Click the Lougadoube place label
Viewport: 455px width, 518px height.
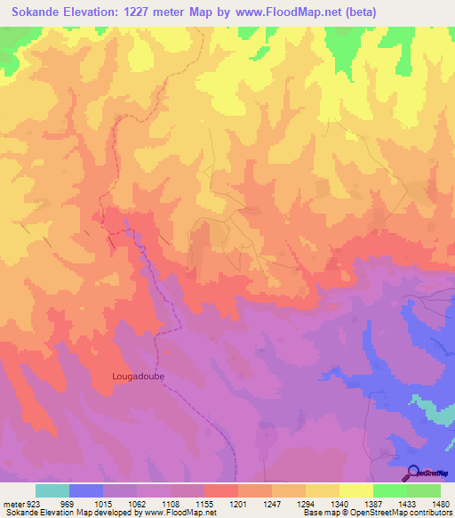click(x=139, y=376)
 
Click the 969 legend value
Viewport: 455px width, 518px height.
click(x=67, y=504)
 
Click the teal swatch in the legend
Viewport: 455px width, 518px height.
click(x=52, y=490)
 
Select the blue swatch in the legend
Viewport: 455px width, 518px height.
click(x=86, y=490)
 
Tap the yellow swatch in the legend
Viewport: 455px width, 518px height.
click(x=355, y=490)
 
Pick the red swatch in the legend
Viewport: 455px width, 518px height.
click(x=221, y=490)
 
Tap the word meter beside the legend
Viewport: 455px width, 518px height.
click(x=13, y=504)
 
